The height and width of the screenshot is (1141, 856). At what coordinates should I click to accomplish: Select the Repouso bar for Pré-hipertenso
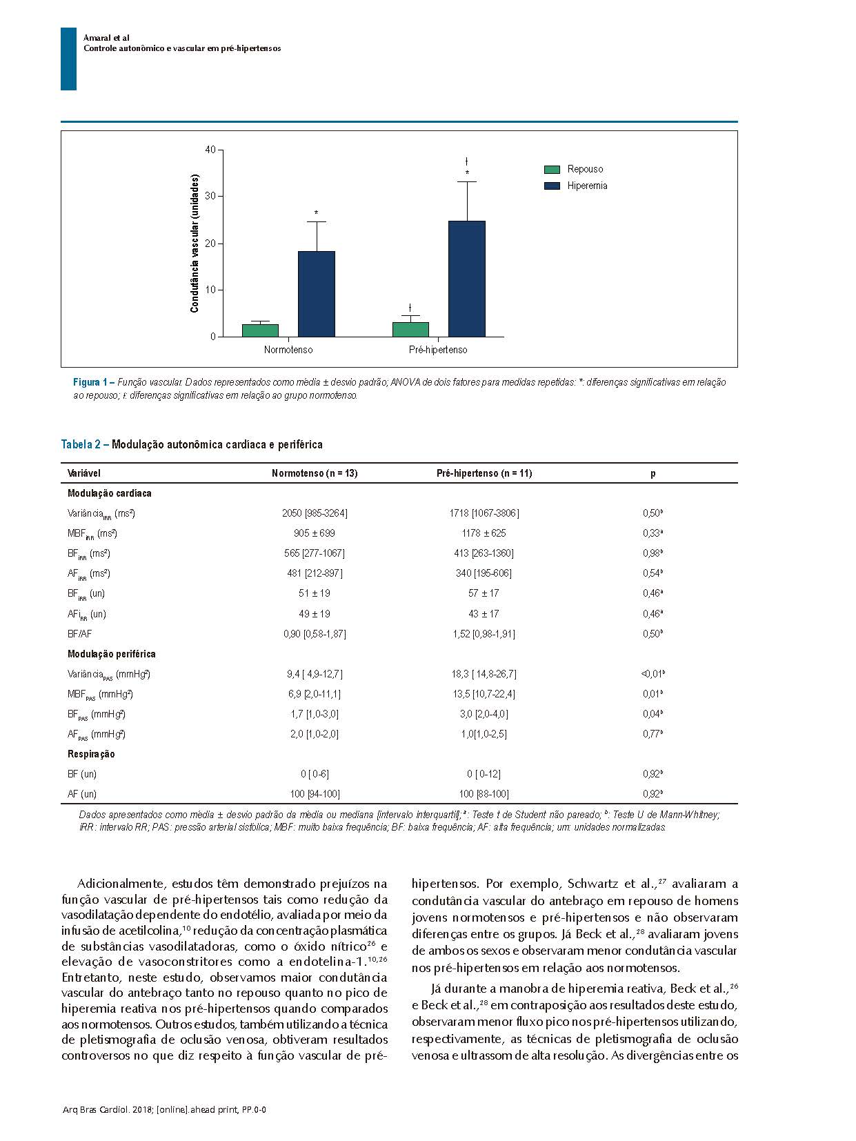click(410, 330)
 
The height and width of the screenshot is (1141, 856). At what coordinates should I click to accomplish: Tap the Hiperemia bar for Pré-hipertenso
click(467, 279)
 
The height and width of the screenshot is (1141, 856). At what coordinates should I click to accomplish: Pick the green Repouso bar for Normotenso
click(260, 330)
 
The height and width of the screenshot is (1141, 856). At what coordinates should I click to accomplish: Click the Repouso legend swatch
click(552, 170)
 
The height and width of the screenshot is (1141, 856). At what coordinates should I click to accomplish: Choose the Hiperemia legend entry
click(587, 186)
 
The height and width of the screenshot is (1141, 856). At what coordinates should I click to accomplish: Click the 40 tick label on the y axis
click(210, 150)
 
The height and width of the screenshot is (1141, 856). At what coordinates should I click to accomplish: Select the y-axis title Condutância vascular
click(195, 243)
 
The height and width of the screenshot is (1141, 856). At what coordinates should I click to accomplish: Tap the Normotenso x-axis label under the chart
click(288, 350)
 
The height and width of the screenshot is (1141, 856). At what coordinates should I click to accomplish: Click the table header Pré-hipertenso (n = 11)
click(484, 473)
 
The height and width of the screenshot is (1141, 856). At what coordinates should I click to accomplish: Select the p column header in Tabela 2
click(653, 473)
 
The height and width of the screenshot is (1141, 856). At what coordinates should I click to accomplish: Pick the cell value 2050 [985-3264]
click(315, 513)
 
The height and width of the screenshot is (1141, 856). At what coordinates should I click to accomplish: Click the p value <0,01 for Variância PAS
click(653, 674)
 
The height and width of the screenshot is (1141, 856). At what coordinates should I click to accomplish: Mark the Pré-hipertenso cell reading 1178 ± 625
click(484, 533)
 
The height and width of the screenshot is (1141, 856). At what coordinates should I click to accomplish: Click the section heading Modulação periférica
click(112, 654)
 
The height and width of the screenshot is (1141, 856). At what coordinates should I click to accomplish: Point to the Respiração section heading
click(91, 754)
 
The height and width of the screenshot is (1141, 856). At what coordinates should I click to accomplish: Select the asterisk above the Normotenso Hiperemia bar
click(317, 213)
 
